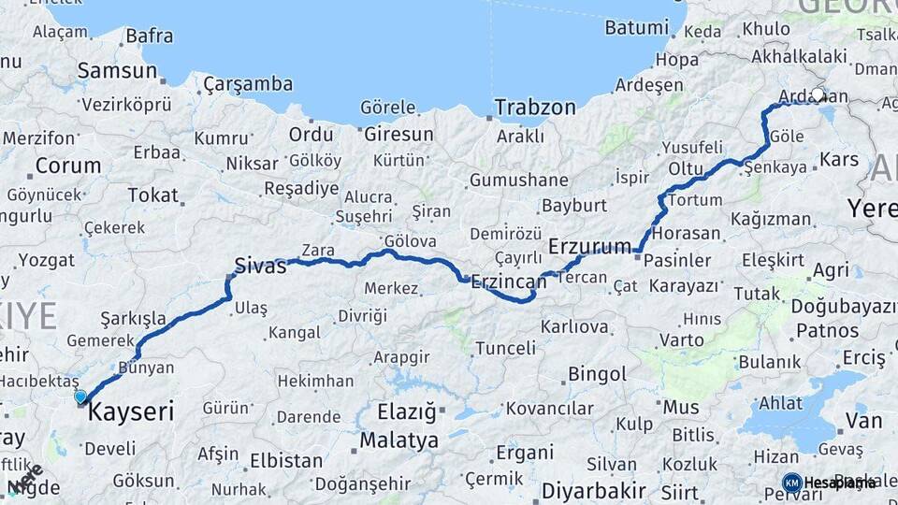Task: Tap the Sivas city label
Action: pyautogui.click(x=259, y=266)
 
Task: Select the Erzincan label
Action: pyautogui.click(x=508, y=281)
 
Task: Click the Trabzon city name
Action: pyautogui.click(x=535, y=107)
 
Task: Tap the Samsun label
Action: pyautogui.click(x=117, y=70)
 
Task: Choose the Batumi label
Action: pyautogui.click(x=636, y=27)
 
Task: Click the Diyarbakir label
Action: pyautogui.click(x=594, y=490)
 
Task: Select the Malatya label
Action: pyautogui.click(x=398, y=440)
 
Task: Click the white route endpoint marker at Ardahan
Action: pyautogui.click(x=818, y=94)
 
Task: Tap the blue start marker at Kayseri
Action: pyautogui.click(x=80, y=397)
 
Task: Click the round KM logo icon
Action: pyautogui.click(x=791, y=483)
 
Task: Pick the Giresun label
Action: pyautogui.click(x=398, y=134)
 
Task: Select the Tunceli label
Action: pyautogui.click(x=506, y=348)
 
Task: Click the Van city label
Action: pyautogui.click(x=863, y=420)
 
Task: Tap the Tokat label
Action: pyautogui.click(x=152, y=195)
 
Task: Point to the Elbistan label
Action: pyautogui.click(x=286, y=461)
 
